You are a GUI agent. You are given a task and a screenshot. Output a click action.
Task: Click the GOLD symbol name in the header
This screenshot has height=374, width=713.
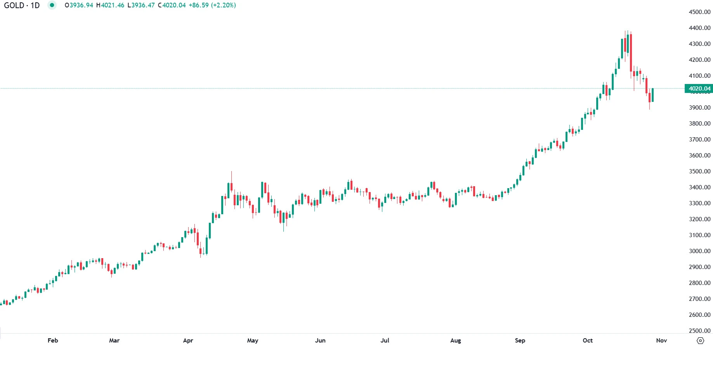pyautogui.click(x=14, y=5)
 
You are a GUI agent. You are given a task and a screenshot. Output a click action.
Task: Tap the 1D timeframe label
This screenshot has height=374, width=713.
pyautogui.click(x=35, y=5)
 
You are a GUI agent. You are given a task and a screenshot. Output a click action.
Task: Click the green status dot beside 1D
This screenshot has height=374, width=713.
pyautogui.click(x=52, y=5)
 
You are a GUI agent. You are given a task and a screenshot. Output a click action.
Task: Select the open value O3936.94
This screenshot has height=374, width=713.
pyautogui.click(x=79, y=5)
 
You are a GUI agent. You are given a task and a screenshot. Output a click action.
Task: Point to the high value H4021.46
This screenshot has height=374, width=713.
pyautogui.click(x=110, y=5)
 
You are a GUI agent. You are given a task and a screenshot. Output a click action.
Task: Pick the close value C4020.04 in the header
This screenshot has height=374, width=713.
pyautogui.click(x=172, y=5)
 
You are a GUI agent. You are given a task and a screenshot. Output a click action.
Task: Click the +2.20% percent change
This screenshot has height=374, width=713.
pyautogui.click(x=223, y=5)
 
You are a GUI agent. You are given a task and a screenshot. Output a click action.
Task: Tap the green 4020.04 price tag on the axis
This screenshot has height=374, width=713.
pyautogui.click(x=699, y=89)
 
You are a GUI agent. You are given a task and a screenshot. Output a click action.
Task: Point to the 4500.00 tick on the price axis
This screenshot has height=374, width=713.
pyautogui.click(x=699, y=12)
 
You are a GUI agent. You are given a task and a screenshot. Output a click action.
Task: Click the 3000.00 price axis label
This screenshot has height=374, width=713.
pyautogui.click(x=699, y=251)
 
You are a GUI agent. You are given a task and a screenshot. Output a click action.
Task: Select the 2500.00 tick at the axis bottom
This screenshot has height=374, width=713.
pyautogui.click(x=699, y=331)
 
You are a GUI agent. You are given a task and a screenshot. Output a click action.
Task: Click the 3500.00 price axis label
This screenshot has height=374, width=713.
pyautogui.click(x=699, y=171)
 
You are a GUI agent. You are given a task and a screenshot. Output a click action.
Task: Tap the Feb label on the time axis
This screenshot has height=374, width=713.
pyautogui.click(x=53, y=341)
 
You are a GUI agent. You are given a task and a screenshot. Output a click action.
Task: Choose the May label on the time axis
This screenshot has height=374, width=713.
pyautogui.click(x=253, y=341)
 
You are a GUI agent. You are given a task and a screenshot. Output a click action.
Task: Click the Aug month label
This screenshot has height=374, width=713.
pyautogui.click(x=456, y=341)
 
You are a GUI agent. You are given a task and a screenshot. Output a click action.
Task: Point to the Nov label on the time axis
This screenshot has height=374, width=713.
pyautogui.click(x=661, y=341)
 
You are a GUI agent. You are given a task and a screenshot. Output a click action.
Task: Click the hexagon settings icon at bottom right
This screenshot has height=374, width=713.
pyautogui.click(x=700, y=341)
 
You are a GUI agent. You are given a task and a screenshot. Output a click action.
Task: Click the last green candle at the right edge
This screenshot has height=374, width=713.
pyautogui.click(x=653, y=95)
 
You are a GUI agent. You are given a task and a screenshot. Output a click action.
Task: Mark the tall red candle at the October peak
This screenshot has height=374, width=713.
pyautogui.click(x=631, y=52)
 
